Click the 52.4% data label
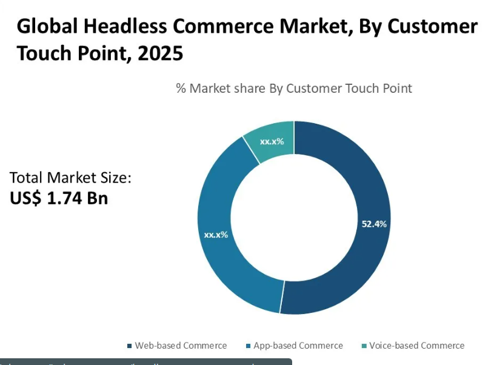[374, 224]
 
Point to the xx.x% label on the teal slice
[272, 141]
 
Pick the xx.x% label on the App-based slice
[216, 235]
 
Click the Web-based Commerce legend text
[181, 346]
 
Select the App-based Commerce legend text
[298, 346]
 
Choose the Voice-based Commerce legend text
[417, 346]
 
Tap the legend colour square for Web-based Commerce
[130, 346]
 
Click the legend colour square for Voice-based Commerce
[364, 346]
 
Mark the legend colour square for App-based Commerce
[249, 346]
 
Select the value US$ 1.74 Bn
[59, 198]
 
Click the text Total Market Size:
[70, 178]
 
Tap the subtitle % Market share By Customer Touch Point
[294, 89]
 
